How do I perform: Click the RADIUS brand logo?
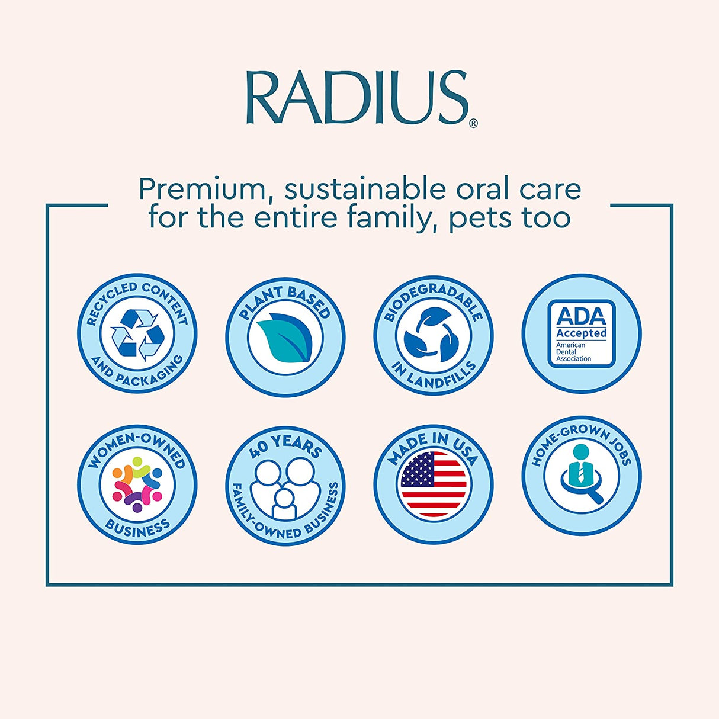click(357, 98)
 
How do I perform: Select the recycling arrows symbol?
click(137, 334)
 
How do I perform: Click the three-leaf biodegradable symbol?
click(433, 335)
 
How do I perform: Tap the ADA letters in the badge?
click(581, 316)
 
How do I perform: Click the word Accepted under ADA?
click(581, 333)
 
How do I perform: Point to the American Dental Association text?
click(573, 352)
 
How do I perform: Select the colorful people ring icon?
click(137, 484)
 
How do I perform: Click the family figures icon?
click(285, 488)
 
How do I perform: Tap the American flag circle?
click(433, 484)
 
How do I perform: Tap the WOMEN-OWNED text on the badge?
click(137, 447)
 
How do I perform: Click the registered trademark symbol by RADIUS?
click(473, 123)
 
